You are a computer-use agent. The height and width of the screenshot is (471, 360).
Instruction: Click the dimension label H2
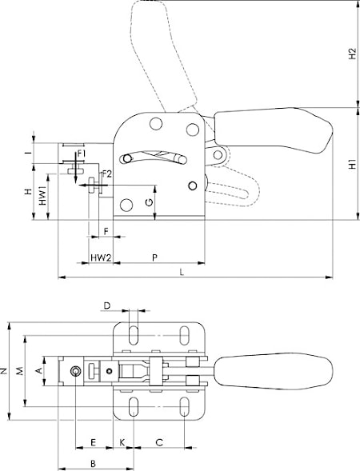(352, 54)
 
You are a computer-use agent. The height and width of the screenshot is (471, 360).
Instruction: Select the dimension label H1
(352, 164)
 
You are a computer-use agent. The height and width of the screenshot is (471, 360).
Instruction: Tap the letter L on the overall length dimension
(182, 272)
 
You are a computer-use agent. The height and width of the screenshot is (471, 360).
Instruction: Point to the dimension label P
(154, 257)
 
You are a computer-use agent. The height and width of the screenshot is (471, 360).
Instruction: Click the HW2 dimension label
(101, 257)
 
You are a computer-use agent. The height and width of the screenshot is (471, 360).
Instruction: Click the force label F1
(82, 154)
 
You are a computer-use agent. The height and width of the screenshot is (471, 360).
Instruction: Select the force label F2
(106, 174)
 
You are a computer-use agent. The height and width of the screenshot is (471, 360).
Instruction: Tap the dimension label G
(149, 202)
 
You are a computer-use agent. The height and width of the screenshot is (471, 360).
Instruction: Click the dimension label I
(29, 153)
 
